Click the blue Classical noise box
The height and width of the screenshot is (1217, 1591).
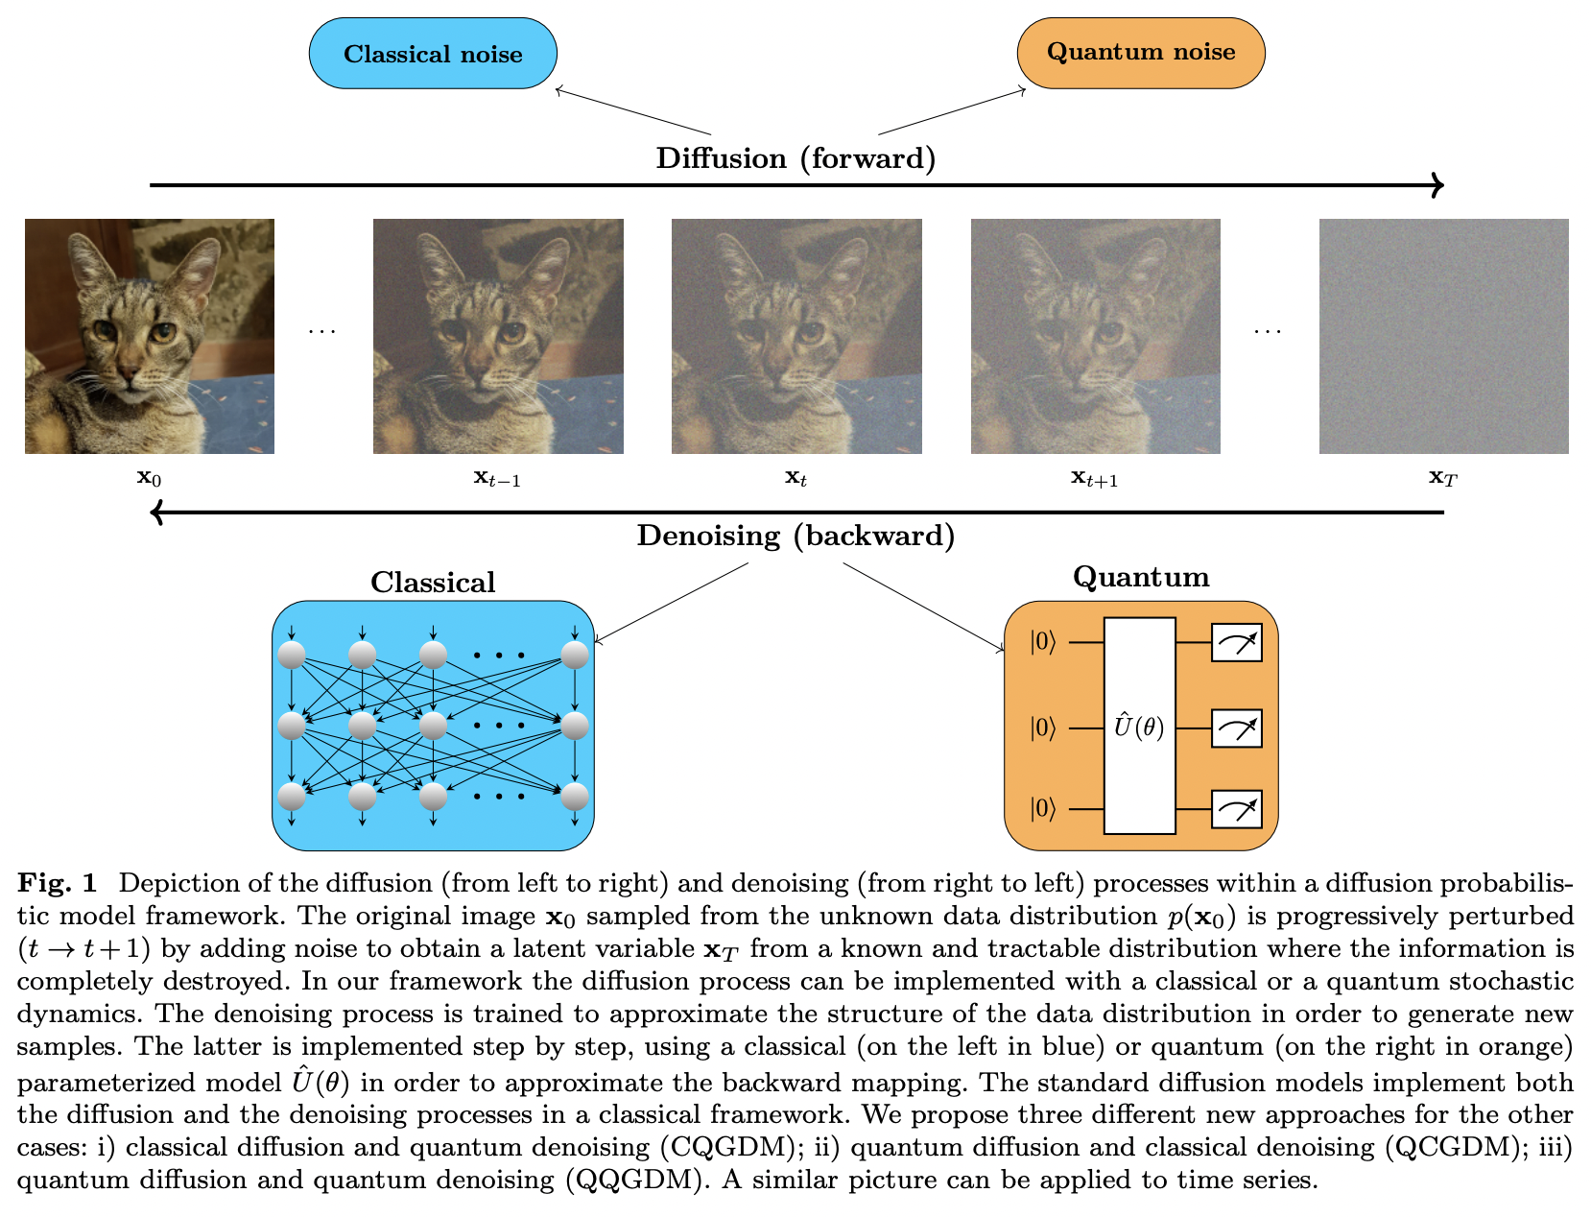(433, 54)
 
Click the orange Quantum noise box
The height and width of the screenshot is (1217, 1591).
(1141, 52)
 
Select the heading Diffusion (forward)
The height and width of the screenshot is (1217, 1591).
(795, 158)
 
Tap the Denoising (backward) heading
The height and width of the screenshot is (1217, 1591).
(795, 536)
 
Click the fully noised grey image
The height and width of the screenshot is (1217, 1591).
(1443, 336)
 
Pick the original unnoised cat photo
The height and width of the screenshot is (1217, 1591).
(150, 336)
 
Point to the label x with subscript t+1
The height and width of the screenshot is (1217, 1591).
(1094, 477)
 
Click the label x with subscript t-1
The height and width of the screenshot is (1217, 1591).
(496, 477)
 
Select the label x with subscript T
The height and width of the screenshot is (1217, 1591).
(1442, 477)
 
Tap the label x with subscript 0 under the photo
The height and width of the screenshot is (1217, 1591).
(149, 477)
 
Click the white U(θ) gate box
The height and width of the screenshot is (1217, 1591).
(1139, 727)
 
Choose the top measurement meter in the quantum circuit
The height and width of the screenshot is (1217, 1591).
(1236, 643)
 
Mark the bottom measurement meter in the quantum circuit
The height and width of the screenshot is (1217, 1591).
(1236, 810)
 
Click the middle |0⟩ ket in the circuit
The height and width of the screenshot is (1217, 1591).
(1042, 728)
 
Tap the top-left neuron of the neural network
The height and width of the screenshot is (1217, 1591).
(292, 656)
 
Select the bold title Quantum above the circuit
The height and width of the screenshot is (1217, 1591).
(1141, 577)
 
